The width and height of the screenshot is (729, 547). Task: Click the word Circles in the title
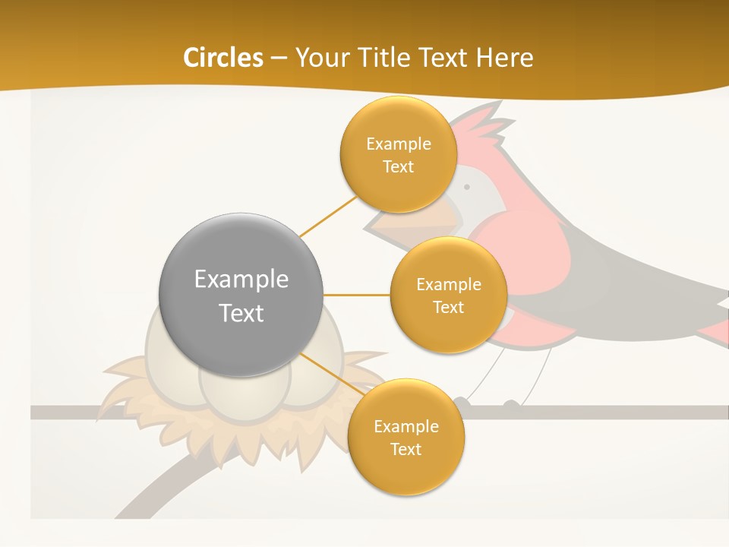click(222, 58)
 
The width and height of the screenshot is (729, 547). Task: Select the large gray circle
click(241, 295)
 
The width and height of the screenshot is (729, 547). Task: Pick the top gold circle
click(398, 154)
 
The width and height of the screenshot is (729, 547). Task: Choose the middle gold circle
click(448, 295)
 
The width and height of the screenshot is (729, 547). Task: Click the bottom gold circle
click(406, 437)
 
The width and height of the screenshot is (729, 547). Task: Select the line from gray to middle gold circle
click(357, 295)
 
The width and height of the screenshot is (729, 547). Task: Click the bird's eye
click(467, 186)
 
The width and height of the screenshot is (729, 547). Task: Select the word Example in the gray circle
click(241, 279)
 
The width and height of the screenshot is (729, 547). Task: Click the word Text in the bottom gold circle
click(406, 449)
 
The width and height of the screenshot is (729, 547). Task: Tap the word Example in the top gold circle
click(398, 144)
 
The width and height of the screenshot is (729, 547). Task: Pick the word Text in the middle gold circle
click(448, 307)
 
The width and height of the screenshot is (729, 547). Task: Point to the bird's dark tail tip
click(721, 304)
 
